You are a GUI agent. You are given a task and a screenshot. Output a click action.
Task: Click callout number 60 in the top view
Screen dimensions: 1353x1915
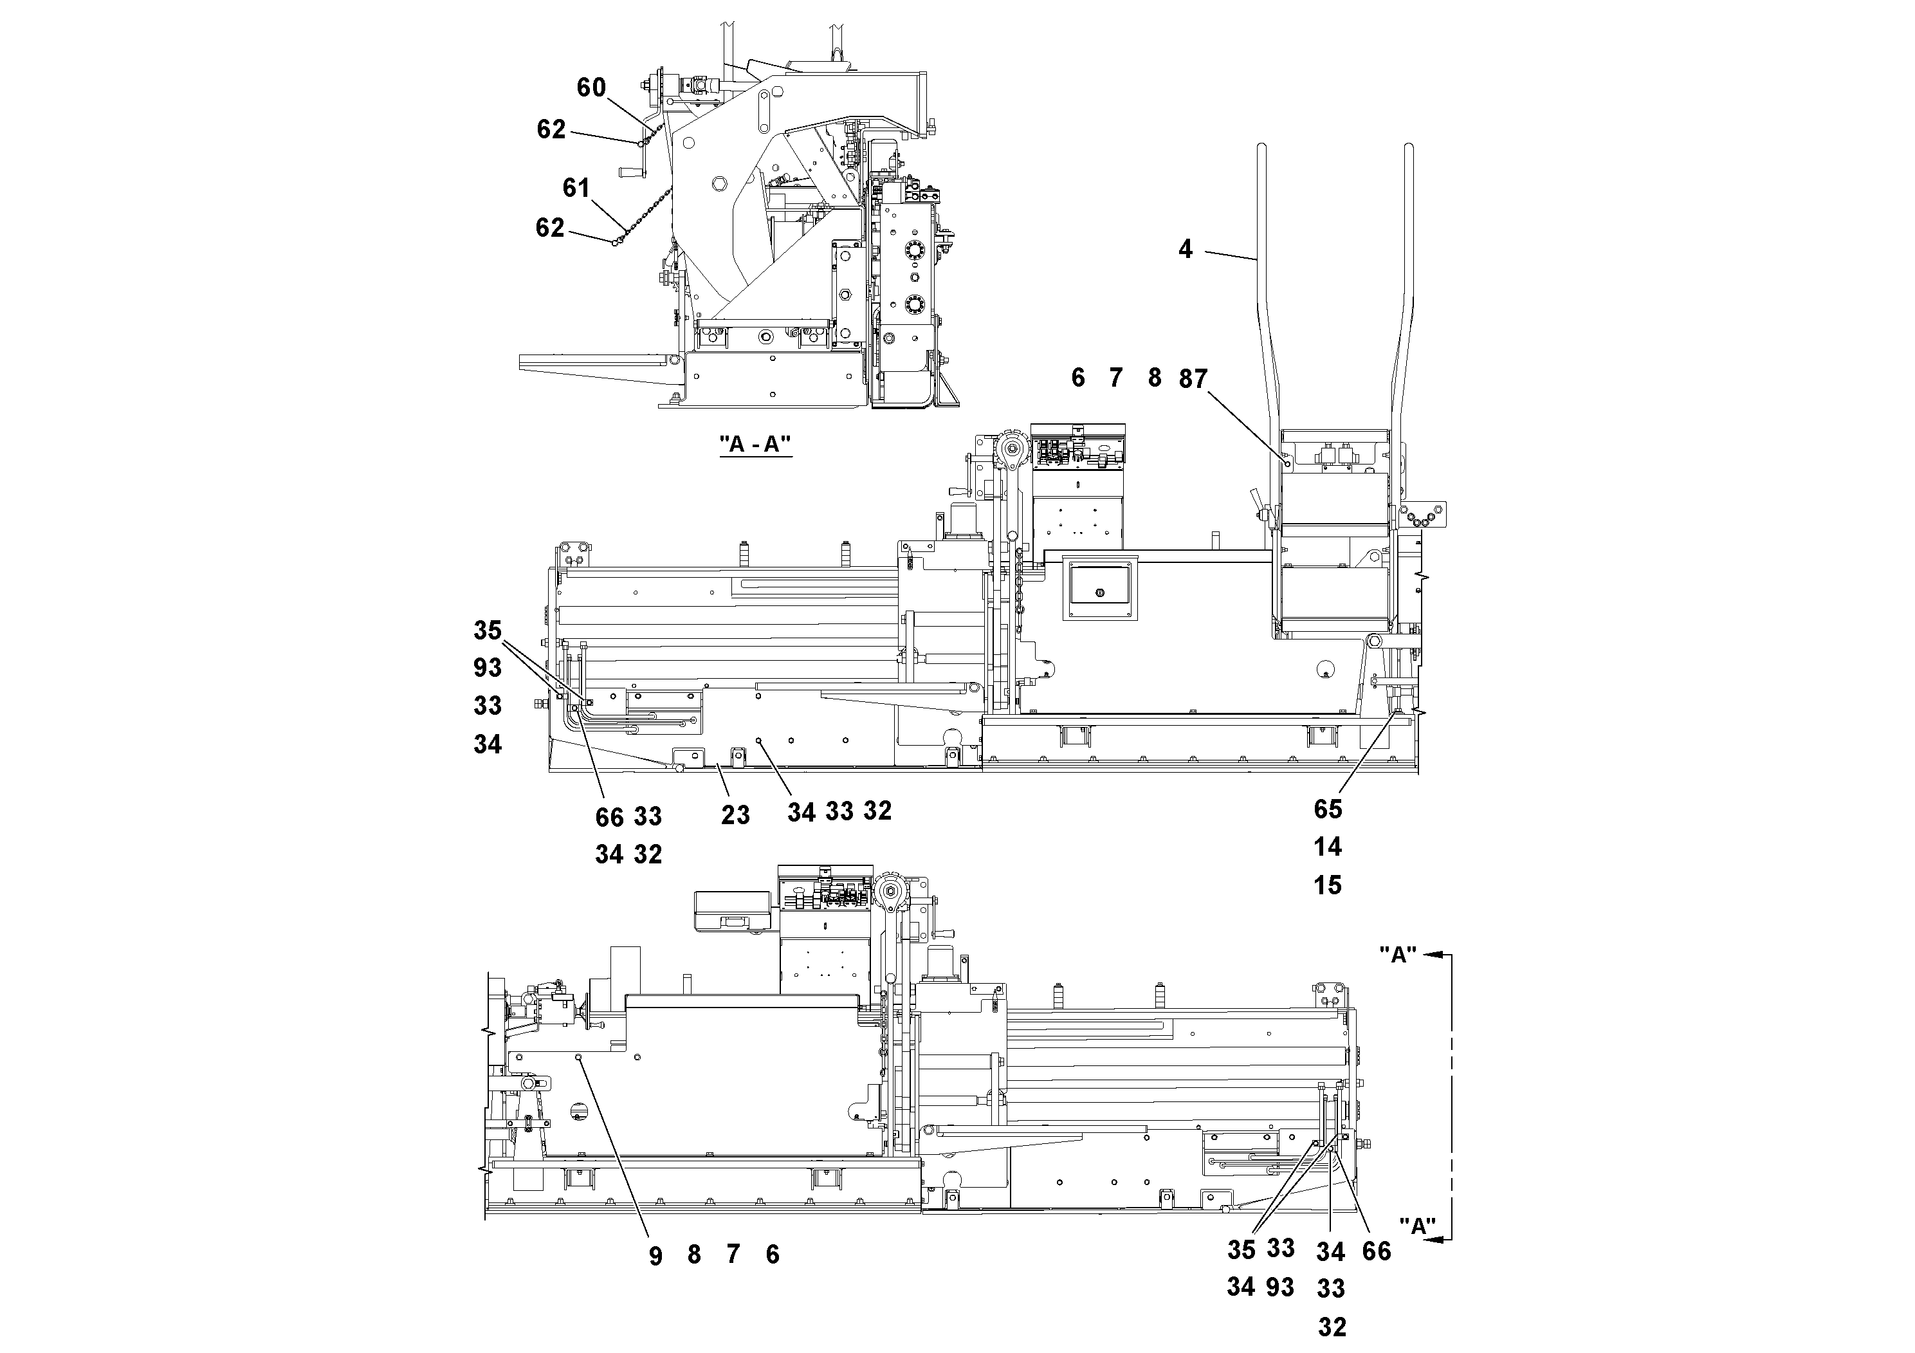tap(591, 87)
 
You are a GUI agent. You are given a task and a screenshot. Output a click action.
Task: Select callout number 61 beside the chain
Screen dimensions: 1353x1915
tap(576, 188)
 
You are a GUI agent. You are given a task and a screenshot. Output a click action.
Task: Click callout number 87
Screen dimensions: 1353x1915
tap(1193, 380)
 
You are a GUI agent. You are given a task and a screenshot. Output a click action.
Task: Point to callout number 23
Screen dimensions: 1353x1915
tap(735, 815)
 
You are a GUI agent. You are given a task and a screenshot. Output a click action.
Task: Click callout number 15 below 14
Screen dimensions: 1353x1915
tap(1328, 885)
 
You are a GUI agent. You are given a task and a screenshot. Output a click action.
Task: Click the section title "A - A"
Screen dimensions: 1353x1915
tap(755, 445)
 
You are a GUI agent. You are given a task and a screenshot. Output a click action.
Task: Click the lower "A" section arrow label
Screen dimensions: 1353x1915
tap(1417, 1226)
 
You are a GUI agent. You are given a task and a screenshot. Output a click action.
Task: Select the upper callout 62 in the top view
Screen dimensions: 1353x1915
tap(551, 129)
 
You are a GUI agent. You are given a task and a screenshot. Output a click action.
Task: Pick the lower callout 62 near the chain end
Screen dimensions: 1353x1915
tap(549, 228)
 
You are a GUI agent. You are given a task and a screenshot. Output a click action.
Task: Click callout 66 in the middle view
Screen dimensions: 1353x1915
tap(609, 818)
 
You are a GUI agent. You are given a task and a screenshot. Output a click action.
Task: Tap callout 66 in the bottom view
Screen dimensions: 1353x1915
tap(1376, 1251)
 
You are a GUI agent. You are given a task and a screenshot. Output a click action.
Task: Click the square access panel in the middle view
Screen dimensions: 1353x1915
tap(1099, 588)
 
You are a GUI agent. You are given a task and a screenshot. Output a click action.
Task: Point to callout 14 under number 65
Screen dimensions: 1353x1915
tap(1328, 847)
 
